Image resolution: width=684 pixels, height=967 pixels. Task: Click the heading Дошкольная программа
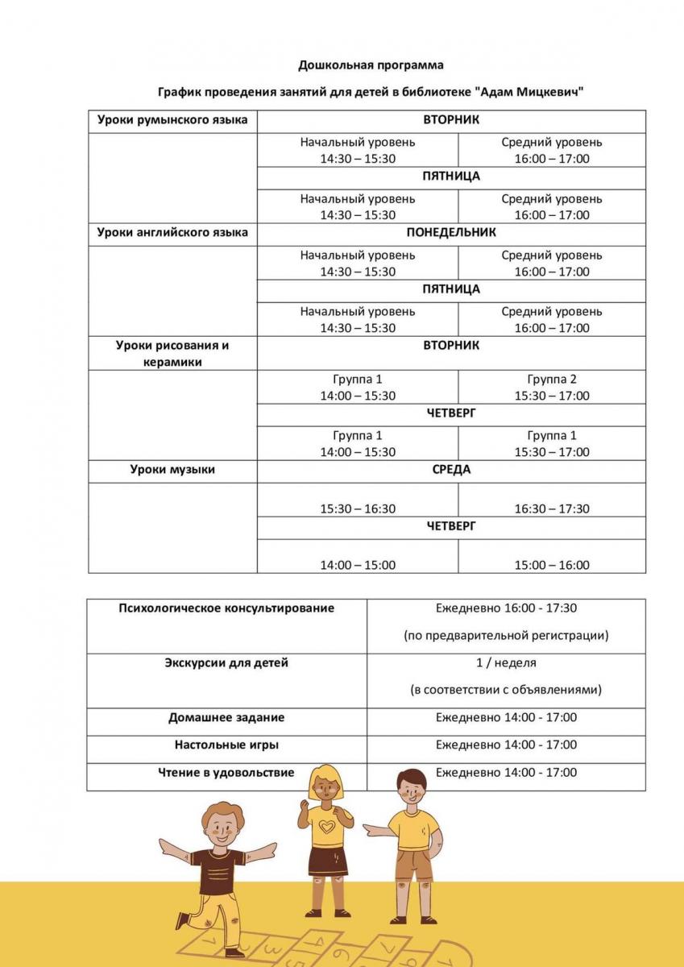pos(371,64)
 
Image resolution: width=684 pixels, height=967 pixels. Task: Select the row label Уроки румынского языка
pos(172,120)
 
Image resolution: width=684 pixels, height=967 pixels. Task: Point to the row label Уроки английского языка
pos(172,233)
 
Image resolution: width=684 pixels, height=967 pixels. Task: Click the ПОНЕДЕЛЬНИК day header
pos(451,233)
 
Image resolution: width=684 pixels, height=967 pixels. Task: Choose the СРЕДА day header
pos(451,470)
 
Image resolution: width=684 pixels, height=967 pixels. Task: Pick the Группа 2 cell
pos(552,379)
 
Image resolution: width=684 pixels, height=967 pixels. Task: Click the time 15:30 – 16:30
pos(358,508)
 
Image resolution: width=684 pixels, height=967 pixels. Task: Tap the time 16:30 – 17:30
pos(552,508)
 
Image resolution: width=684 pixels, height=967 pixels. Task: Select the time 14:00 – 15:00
pos(358,565)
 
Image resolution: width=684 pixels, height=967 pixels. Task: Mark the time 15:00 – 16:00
pos(552,565)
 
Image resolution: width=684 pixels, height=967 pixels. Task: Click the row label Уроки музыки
pos(172,470)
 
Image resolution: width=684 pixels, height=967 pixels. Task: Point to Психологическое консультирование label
pos(226,608)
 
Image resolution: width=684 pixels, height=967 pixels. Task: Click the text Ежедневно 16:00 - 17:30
pos(506,608)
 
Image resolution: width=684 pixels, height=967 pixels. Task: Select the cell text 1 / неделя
pos(506,663)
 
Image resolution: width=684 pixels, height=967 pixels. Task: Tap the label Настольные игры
pos(226,745)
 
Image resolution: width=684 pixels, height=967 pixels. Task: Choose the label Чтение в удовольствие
pos(226,773)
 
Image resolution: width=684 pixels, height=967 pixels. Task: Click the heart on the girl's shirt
pos(325,827)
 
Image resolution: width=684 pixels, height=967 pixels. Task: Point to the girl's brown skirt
pos(327,862)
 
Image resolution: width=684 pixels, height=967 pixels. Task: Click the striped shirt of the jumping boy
pos(218,870)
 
